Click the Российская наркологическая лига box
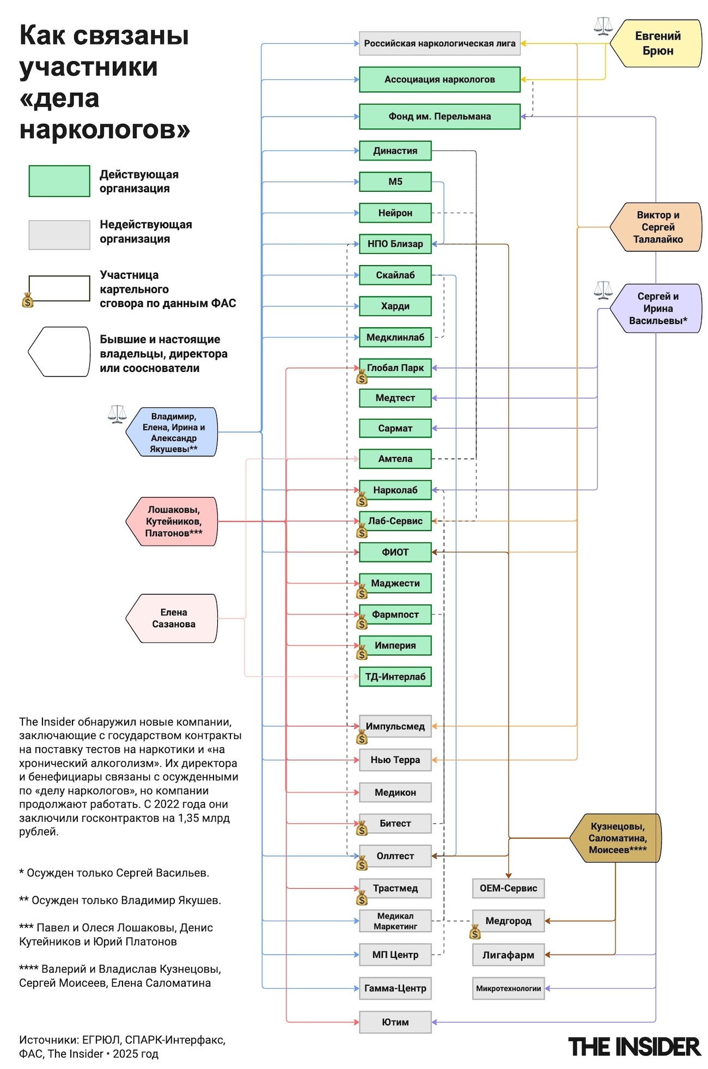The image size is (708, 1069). click(x=440, y=44)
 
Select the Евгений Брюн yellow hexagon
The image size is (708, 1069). click(x=657, y=44)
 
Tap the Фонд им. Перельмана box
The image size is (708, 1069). click(x=440, y=117)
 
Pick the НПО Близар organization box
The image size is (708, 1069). click(x=395, y=244)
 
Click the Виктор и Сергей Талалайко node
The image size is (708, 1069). click(x=657, y=227)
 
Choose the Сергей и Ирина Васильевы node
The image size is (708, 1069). click(x=657, y=308)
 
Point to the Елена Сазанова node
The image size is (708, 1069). click(x=173, y=618)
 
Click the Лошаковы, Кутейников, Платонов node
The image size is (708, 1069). click(x=173, y=521)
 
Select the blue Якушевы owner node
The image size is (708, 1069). click(x=173, y=432)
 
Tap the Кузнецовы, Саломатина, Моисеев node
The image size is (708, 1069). click(x=617, y=838)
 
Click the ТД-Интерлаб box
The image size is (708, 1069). click(x=395, y=677)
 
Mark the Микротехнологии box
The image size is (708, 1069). click(x=508, y=988)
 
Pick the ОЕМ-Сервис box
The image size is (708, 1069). click(x=508, y=888)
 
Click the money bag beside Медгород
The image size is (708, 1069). click(x=475, y=932)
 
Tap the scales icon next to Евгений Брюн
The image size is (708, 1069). click(x=603, y=26)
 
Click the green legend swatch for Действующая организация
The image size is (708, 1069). click(x=59, y=181)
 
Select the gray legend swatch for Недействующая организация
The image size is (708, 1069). click(x=59, y=235)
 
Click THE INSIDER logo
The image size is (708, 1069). click(x=634, y=1047)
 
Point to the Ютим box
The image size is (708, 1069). click(x=395, y=1022)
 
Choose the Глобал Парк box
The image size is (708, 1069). click(x=395, y=368)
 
